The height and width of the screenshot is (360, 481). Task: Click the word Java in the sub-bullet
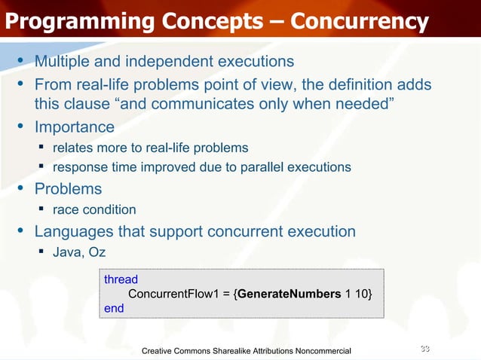point(65,251)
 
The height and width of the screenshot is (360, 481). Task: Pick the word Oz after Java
point(96,251)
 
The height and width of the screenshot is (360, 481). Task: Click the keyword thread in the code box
point(121,279)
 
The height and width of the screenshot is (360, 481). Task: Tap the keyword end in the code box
point(114,307)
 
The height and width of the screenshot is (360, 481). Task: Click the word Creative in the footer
point(160,351)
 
